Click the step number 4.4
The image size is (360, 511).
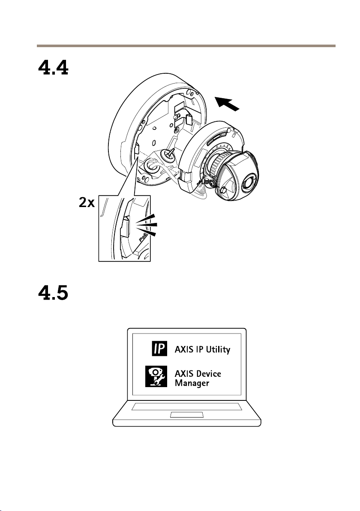[52, 68]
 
